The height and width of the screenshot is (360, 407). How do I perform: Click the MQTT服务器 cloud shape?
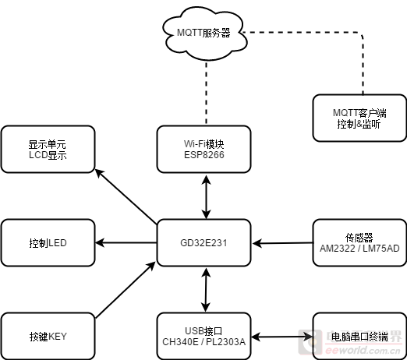(204, 34)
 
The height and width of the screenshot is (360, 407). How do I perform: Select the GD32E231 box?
(203, 243)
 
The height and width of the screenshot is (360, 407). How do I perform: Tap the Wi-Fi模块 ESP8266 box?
(203, 149)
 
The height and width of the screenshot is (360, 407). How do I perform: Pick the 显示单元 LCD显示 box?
(48, 149)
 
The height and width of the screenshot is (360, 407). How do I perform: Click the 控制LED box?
(48, 243)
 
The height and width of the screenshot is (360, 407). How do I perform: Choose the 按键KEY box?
(48, 337)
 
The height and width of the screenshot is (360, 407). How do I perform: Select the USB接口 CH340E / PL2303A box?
(203, 337)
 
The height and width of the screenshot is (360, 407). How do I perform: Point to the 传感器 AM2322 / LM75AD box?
(359, 243)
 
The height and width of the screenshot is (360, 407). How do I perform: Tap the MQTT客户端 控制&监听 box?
(359, 118)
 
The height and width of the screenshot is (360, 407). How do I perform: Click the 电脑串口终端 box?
(359, 337)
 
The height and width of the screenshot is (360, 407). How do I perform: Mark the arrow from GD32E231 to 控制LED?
(126, 243)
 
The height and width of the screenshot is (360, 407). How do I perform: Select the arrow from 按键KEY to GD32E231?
(126, 290)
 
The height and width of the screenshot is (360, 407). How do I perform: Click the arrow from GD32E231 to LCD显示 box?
(126, 196)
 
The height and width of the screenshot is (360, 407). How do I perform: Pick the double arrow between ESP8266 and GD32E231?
(206, 197)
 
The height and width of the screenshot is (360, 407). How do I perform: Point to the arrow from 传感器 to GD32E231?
(282, 243)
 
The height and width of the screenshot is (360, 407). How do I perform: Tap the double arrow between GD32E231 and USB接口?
(206, 290)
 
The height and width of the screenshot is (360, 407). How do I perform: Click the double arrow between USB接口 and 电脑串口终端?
(282, 337)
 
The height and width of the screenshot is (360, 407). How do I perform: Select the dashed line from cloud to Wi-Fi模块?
(206, 92)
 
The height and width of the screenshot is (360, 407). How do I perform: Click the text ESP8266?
(204, 155)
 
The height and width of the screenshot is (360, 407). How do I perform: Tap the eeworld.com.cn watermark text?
(363, 351)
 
